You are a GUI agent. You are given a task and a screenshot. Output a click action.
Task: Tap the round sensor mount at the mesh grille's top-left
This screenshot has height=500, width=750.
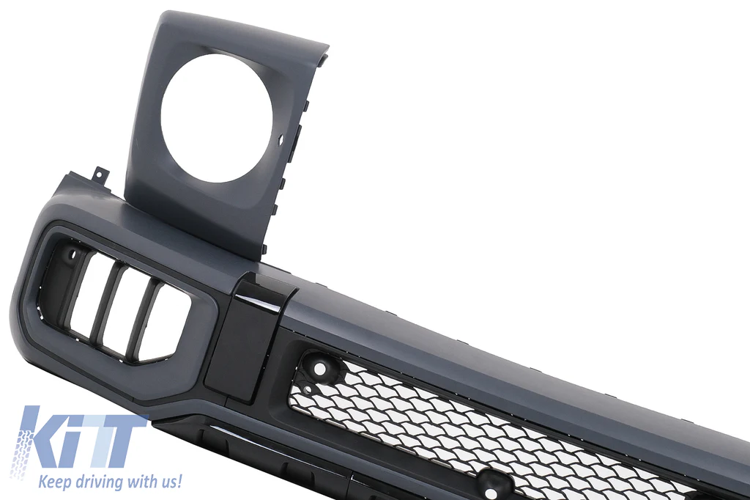click(x=319, y=369)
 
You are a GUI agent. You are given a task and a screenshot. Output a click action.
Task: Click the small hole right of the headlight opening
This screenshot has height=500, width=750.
click(x=281, y=139)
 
